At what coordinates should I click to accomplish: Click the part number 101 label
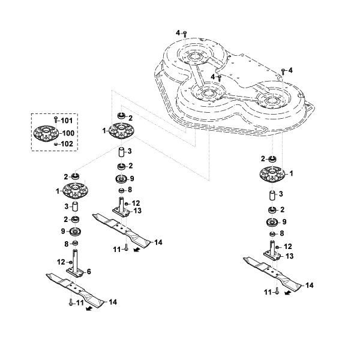67,121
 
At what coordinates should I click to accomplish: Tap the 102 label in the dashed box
67,144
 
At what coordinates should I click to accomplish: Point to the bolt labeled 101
56,120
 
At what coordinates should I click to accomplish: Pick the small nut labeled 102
55,144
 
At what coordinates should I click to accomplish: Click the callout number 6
89,272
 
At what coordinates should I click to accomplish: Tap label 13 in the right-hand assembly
290,256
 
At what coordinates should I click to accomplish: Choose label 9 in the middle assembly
132,179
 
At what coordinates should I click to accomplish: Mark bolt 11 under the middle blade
126,247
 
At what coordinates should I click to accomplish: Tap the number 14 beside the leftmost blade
113,302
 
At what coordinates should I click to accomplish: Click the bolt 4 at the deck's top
185,34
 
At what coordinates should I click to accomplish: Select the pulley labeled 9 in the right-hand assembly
272,223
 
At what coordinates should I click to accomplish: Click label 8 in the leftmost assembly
67,244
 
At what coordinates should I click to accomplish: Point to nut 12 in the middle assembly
126,204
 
